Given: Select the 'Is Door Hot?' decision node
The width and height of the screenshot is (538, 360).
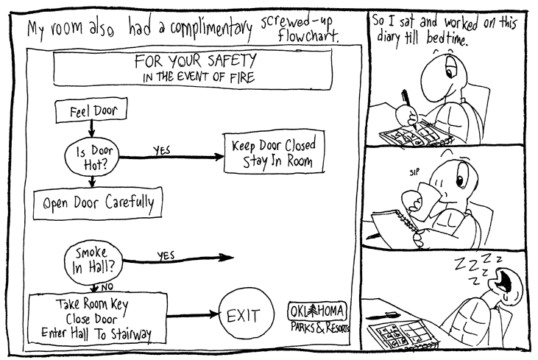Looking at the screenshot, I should point(91,156).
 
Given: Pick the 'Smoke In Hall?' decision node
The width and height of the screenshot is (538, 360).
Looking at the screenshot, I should point(93,259).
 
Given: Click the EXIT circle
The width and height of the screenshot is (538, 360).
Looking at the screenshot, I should point(244,317).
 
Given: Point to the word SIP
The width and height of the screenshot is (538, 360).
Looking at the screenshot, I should point(414,173).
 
